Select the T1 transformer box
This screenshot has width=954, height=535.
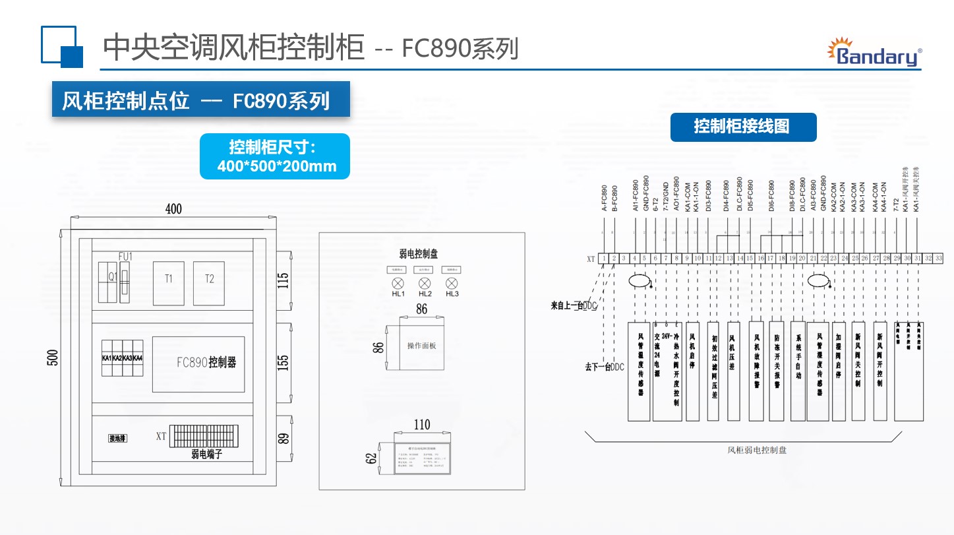[x=169, y=283]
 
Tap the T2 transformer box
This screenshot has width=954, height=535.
[x=209, y=283]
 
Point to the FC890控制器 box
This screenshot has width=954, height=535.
[x=198, y=364]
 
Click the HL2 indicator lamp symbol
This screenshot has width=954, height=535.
[x=425, y=282]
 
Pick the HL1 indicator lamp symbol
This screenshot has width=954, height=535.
[x=398, y=282]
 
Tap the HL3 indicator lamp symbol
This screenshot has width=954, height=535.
[x=452, y=282]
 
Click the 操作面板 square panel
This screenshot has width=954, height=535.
[x=421, y=346]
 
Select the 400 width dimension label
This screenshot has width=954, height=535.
[x=173, y=209]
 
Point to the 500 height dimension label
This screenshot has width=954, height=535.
[x=53, y=357]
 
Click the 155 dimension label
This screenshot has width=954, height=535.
[x=283, y=363]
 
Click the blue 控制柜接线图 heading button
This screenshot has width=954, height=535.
[x=743, y=127]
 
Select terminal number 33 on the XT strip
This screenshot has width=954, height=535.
[x=939, y=258]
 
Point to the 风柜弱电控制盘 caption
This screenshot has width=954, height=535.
[x=757, y=450]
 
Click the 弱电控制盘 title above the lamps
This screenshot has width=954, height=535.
[x=419, y=253]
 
